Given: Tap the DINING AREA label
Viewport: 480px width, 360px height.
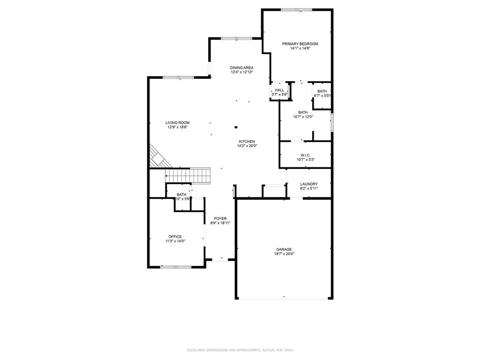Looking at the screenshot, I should pyautogui.click(x=241, y=67).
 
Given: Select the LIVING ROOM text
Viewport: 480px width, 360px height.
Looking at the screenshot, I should pyautogui.click(x=177, y=122).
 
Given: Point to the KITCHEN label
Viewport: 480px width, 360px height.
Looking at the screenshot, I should pyautogui.click(x=247, y=142).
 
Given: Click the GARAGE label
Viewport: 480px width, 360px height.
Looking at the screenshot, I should pyautogui.click(x=284, y=249).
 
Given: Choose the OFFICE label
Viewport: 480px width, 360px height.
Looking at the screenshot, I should pyautogui.click(x=175, y=237).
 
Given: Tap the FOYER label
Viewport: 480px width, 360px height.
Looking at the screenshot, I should pyautogui.click(x=220, y=218).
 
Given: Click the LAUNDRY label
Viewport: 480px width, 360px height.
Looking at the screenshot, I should pyautogui.click(x=309, y=184).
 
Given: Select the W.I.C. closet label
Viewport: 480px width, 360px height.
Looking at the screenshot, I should pyautogui.click(x=306, y=155).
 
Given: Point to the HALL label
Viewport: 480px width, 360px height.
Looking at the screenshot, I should pyautogui.click(x=279, y=90).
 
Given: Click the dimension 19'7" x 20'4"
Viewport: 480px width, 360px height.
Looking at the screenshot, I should pyautogui.click(x=284, y=254).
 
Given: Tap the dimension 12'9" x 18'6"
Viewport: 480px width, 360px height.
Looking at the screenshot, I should pyautogui.click(x=178, y=127).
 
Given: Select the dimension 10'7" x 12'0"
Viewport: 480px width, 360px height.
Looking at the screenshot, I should pyautogui.click(x=303, y=117).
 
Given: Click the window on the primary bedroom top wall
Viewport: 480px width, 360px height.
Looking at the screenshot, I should pyautogui.click(x=296, y=9).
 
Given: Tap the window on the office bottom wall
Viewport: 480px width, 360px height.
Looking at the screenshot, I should pyautogui.click(x=175, y=267).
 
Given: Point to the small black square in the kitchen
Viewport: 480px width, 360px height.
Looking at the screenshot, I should pyautogui.click(x=236, y=127).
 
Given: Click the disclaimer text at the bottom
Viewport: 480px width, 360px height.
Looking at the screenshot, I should pyautogui.click(x=240, y=350).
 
